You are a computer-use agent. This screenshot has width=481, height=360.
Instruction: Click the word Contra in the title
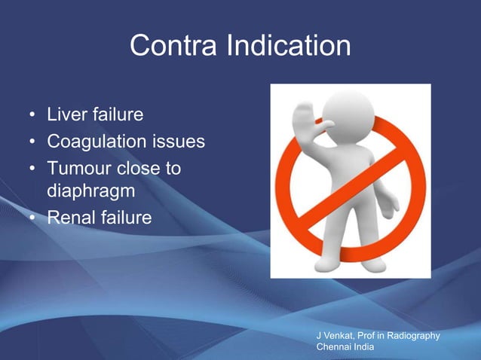[173, 47]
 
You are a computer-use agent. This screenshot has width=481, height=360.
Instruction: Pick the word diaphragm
[90, 193]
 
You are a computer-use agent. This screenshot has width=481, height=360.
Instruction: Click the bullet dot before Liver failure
[32, 117]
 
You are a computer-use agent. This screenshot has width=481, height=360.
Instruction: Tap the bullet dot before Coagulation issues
[32, 142]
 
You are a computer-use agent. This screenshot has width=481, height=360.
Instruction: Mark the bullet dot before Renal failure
[32, 219]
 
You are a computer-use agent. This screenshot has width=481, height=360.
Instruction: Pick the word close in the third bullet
[140, 168]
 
